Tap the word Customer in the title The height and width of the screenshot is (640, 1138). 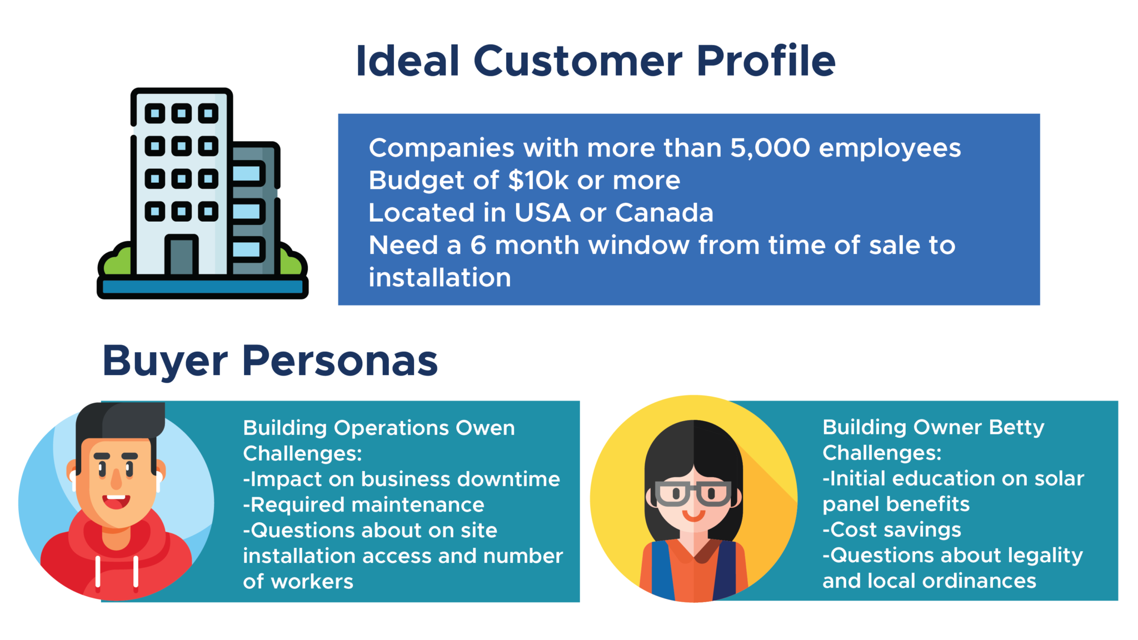(x=578, y=61)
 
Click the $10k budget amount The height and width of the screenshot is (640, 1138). (x=538, y=181)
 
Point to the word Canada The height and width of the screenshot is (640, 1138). (x=664, y=213)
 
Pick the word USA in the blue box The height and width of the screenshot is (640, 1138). (x=542, y=213)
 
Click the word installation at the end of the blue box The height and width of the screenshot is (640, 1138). (x=440, y=277)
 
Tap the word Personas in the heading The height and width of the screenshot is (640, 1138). (x=340, y=362)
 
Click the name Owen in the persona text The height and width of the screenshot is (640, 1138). (x=485, y=428)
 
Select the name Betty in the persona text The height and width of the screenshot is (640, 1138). (x=1016, y=428)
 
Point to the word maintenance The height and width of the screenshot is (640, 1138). (x=423, y=505)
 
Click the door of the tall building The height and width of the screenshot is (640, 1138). (x=181, y=255)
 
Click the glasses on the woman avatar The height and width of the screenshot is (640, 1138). (x=693, y=493)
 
